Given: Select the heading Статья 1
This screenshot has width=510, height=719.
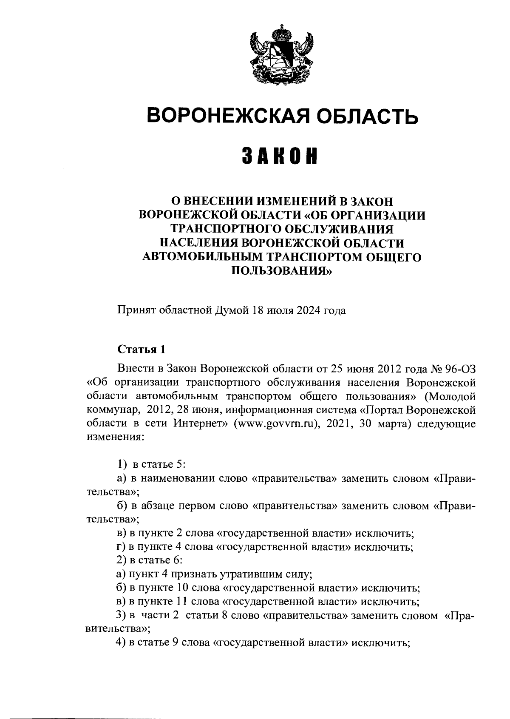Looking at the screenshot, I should (141, 350).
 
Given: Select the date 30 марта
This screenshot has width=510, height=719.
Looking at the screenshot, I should (389, 424).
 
